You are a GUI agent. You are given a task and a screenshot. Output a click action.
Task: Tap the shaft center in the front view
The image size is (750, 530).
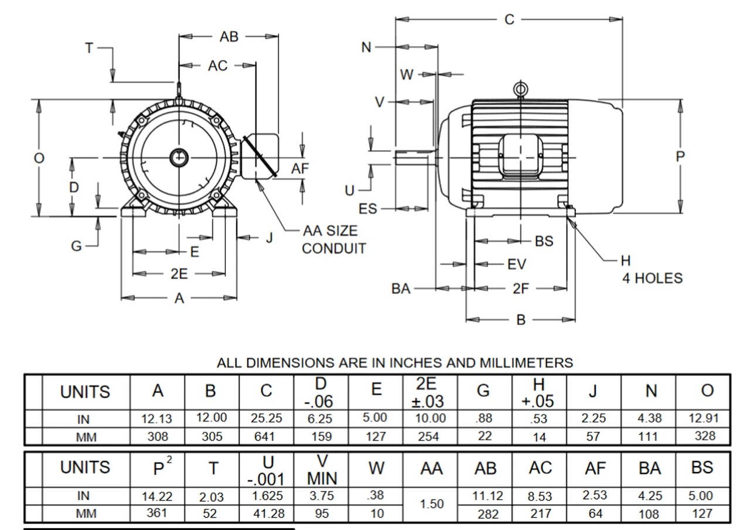pyautogui.click(x=178, y=157)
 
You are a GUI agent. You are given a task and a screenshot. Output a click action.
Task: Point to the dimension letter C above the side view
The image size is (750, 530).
pyautogui.click(x=509, y=19)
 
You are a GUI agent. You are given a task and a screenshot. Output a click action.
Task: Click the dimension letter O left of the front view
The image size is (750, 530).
pyautogui.click(x=39, y=158)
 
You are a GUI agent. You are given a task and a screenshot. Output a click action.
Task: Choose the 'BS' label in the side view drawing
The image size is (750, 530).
pyautogui.click(x=544, y=241)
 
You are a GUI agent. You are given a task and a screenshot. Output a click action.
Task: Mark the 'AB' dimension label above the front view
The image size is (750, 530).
pyautogui.click(x=229, y=37)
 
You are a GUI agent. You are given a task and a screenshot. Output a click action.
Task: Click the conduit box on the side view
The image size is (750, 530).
pyautogui.click(x=519, y=155)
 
